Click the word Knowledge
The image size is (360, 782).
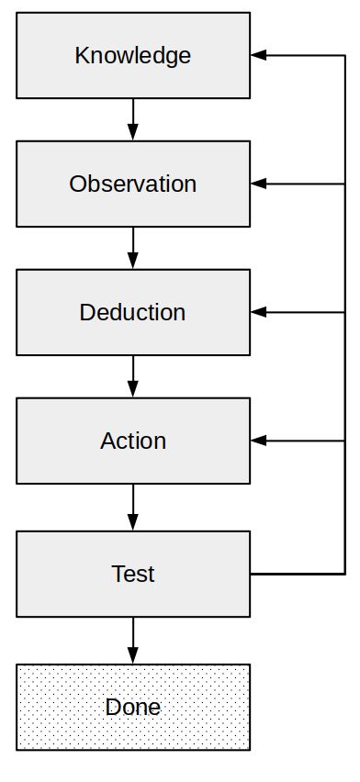pos(133,56)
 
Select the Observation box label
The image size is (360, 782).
pos(133,184)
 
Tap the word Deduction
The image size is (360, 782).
pos(133,312)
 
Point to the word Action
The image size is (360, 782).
pos(133,441)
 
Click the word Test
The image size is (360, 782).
pos(133,575)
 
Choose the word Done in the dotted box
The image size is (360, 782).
pos(133,708)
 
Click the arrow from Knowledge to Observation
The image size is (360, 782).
pos(133,118)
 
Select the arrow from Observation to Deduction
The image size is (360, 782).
pos(133,247)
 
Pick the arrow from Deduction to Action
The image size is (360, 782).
pos(133,375)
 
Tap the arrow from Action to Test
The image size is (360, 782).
pos(133,507)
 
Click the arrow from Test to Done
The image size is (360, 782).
pos(133,640)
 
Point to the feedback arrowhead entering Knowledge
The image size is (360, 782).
pos(258,56)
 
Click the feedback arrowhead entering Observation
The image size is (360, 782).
pos(258,184)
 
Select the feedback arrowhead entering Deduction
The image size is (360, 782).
pos(258,312)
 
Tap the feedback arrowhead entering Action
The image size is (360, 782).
pos(258,441)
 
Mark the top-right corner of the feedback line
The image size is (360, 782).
pos(344,56)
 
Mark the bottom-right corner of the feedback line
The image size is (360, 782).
pos(344,575)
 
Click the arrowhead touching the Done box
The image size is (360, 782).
pos(133,656)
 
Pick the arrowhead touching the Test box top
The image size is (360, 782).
pos(133,523)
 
